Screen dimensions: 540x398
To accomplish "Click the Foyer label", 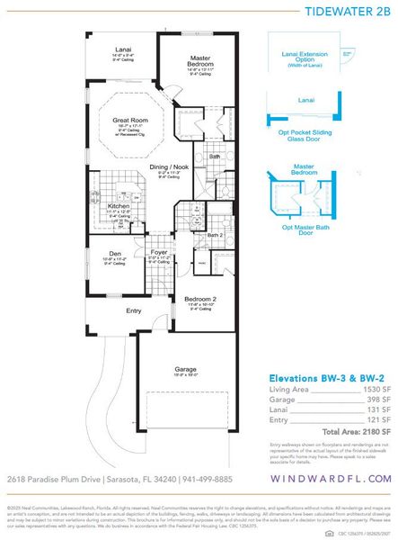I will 158,253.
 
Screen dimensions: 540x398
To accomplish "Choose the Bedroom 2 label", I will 200,299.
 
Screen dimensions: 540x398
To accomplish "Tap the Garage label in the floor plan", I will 185,369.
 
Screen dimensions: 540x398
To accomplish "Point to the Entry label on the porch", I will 133,310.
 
